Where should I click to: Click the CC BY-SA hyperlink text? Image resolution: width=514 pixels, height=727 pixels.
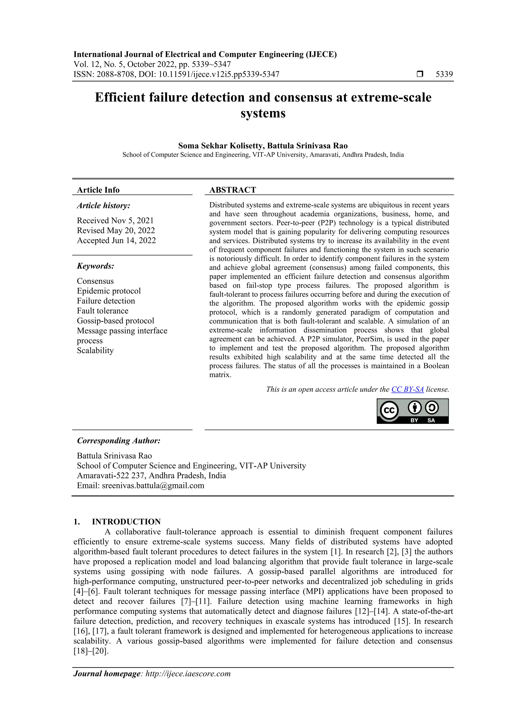(407, 389)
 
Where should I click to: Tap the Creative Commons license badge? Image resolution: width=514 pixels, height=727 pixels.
(412, 411)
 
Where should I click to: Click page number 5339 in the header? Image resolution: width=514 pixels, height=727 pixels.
(444, 75)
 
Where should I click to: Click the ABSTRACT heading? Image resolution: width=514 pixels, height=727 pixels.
(232, 190)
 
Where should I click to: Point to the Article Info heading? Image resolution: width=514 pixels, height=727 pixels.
(98, 190)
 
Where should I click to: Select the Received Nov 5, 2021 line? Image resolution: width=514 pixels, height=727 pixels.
(115, 221)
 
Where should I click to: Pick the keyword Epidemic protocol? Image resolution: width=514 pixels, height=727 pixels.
(109, 291)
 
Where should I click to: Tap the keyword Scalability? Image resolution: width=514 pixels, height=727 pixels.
(95, 351)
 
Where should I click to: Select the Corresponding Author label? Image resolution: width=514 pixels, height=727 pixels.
(118, 441)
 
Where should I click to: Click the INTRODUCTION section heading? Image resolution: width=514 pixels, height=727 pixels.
(126, 522)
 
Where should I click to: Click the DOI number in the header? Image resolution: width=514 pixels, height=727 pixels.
(219, 75)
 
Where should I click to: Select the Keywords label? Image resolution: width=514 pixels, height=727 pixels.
(95, 266)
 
